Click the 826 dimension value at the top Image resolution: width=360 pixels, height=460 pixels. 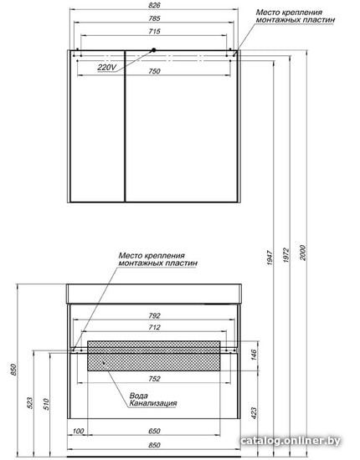click(x=154, y=5)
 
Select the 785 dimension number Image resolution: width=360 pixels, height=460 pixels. click(x=154, y=18)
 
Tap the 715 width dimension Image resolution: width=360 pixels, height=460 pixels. click(x=154, y=32)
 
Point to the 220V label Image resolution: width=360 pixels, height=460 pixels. click(x=107, y=68)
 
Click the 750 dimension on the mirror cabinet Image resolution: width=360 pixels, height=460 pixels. click(x=154, y=71)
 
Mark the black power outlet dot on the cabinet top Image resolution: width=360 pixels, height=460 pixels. click(x=153, y=50)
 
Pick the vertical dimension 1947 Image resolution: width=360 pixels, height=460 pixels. click(x=270, y=258)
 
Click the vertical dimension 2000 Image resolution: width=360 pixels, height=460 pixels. click(x=303, y=253)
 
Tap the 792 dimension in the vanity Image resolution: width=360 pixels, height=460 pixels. click(x=154, y=315)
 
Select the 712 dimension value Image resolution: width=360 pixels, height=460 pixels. click(x=154, y=327)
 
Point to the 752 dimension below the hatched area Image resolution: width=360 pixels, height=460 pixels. click(x=154, y=379)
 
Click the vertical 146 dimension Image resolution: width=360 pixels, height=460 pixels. click(x=254, y=355)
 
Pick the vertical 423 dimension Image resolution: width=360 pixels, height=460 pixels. click(x=254, y=413)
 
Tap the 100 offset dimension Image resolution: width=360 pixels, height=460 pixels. click(x=78, y=432)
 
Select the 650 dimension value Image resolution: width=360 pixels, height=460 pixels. click(x=154, y=432)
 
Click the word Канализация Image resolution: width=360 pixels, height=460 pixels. click(x=153, y=403)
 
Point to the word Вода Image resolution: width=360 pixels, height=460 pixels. click(x=139, y=396)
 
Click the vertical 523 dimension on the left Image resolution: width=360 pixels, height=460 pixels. click(x=30, y=403)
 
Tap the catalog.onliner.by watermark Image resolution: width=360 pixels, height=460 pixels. click(x=291, y=441)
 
